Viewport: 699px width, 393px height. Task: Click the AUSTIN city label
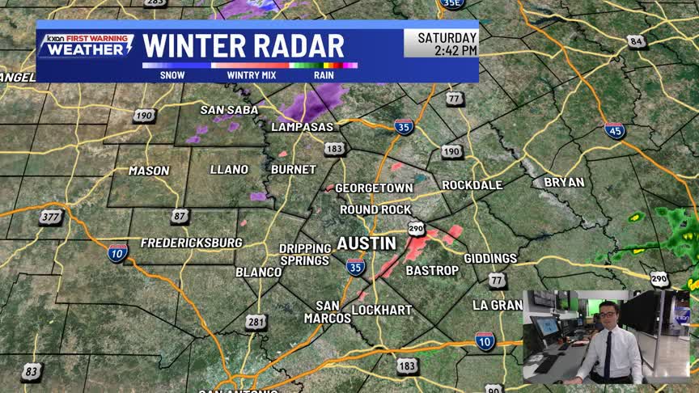366,243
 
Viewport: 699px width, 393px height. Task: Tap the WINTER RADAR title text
243,46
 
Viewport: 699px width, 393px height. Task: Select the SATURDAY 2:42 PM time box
441,44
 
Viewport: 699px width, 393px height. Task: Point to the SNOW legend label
172,75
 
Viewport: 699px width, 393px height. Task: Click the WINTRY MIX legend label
252,75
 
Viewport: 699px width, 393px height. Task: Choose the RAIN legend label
325,75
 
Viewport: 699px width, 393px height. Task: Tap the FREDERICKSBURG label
191,243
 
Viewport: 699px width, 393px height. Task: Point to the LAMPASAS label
302,128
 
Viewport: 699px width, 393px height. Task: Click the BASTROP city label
431,270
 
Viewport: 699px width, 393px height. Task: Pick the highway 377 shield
50,216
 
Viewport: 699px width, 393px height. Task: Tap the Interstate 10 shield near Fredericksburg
117,252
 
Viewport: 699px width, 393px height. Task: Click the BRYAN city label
563,182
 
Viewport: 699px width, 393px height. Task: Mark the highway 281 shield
256,323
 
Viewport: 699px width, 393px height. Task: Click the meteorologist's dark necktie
608,355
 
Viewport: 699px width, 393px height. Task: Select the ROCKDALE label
472,185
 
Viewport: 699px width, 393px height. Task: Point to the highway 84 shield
637,41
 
